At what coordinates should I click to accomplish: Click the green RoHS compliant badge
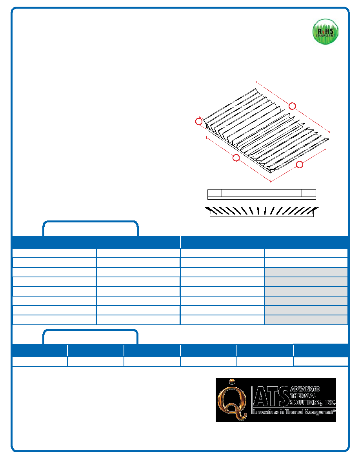point(325,32)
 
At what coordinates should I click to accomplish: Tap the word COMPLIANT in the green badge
point(325,36)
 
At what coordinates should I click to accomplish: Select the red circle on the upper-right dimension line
point(292,106)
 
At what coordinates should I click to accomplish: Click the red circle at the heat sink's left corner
point(199,122)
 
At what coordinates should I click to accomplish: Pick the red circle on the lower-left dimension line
point(236,158)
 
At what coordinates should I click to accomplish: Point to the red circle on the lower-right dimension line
point(299,164)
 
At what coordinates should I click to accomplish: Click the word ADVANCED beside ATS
point(305,389)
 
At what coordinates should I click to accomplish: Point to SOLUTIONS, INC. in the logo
point(313,403)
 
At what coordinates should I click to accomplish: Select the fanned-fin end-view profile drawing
point(262,211)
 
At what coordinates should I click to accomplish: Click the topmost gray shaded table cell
point(306,272)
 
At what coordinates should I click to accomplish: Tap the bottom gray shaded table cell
point(306,320)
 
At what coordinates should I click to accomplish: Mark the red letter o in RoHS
point(323,31)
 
